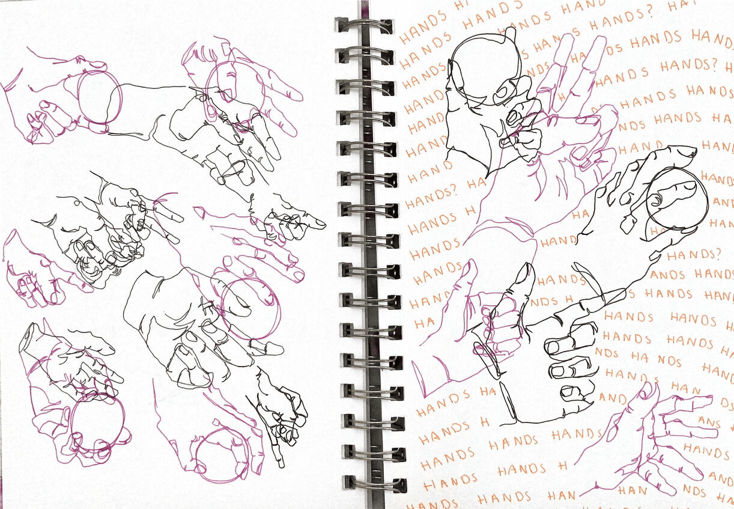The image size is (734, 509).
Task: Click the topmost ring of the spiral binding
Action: (x=364, y=26)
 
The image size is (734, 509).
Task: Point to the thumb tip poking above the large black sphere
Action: (x=510, y=33)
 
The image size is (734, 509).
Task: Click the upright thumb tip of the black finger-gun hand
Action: (x=527, y=269)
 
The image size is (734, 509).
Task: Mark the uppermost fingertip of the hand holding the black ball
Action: (x=688, y=151)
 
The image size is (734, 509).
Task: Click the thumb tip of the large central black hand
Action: (x=275, y=348)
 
